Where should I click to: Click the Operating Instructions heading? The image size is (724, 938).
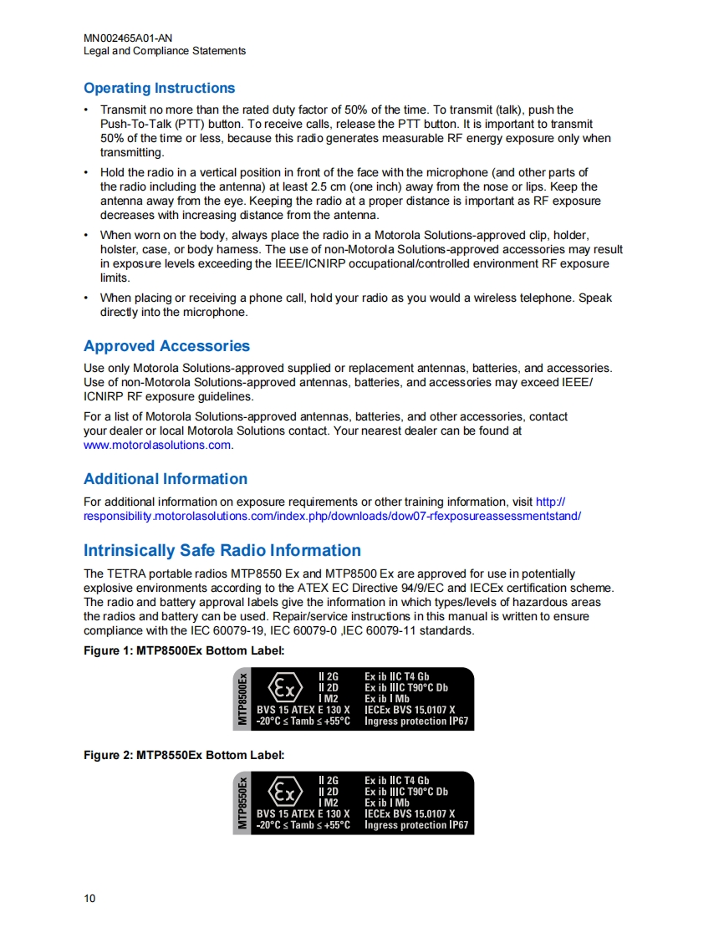click(159, 88)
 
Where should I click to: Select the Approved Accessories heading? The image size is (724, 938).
click(166, 346)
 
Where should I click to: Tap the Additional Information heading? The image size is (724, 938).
click(166, 479)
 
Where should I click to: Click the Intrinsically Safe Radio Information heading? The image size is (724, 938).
click(222, 550)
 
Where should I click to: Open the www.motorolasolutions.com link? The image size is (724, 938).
click(157, 446)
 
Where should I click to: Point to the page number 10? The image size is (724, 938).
click(89, 899)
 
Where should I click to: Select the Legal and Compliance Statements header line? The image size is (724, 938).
click(165, 51)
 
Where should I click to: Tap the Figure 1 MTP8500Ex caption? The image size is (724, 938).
click(184, 650)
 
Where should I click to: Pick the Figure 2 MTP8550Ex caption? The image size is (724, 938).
click(184, 755)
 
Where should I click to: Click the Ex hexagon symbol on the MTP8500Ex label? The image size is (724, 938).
click(284, 690)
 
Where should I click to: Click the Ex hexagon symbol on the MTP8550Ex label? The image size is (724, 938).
click(284, 793)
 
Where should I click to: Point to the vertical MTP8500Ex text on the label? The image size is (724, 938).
click(242, 699)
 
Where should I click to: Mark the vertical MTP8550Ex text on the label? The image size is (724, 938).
click(242, 803)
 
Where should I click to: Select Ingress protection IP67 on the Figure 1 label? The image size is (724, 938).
click(416, 721)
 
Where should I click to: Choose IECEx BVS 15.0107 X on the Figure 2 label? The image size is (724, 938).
click(410, 813)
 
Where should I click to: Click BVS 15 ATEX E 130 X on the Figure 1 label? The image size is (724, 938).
click(303, 710)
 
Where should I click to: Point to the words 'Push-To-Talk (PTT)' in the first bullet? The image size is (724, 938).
click(150, 125)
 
